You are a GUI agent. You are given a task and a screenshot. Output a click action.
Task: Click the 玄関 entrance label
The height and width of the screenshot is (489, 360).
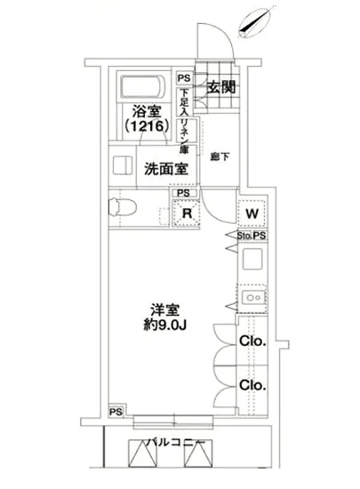221,88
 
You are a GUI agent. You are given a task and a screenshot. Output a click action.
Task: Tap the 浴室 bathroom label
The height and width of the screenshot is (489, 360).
147,112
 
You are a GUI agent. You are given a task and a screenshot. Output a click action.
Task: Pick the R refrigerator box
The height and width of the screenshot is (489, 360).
188,213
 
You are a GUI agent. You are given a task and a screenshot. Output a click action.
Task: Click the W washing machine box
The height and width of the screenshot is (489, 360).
252,214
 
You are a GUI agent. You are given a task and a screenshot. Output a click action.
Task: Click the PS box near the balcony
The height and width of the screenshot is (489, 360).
116,412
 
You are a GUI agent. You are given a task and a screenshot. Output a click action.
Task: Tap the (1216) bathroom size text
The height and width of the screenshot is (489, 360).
147,127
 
